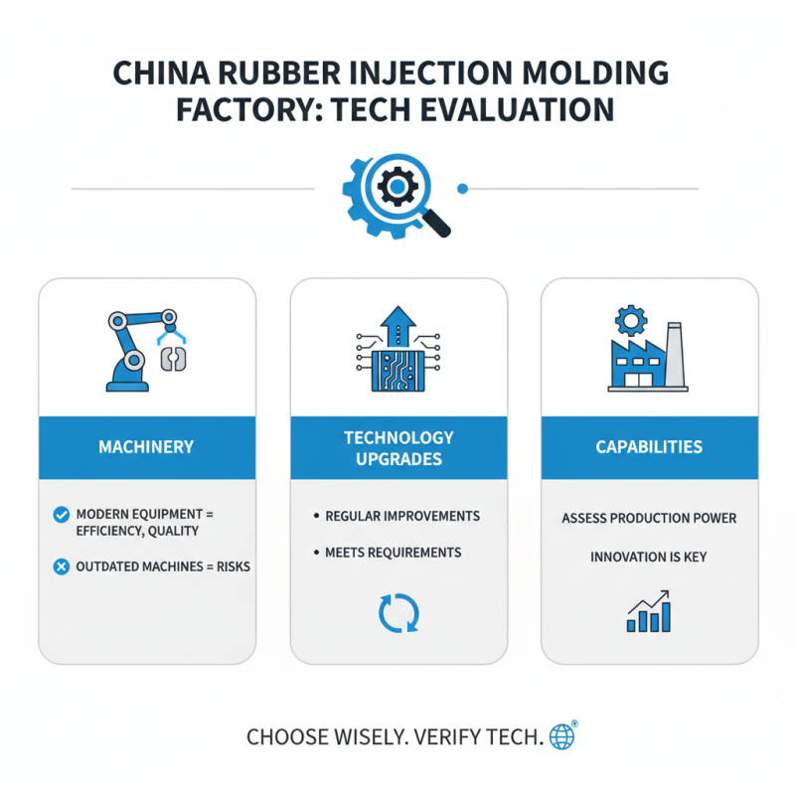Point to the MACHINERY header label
point(147,447)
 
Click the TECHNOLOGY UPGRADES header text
point(398,447)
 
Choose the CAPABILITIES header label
point(649,447)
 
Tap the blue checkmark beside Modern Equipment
point(60,515)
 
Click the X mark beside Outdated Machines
point(60,566)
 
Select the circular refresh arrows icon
point(398,612)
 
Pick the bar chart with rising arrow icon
point(648,611)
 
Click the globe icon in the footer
point(562,736)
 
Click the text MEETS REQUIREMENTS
point(393,552)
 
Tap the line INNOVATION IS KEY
point(649,556)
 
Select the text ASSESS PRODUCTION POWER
point(649,519)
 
